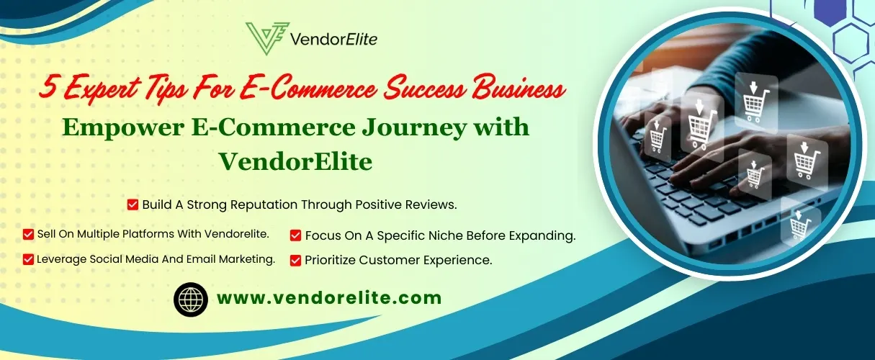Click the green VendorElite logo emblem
point(267,38)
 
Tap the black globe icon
point(191,299)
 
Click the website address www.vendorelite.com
point(329,298)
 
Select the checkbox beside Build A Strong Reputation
point(133,204)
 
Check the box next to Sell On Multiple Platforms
point(28,234)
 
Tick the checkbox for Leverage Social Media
point(28,259)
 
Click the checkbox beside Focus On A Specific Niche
point(295,235)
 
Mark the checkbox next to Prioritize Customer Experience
point(295,261)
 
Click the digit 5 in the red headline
point(49,86)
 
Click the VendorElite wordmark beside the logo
point(334,40)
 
